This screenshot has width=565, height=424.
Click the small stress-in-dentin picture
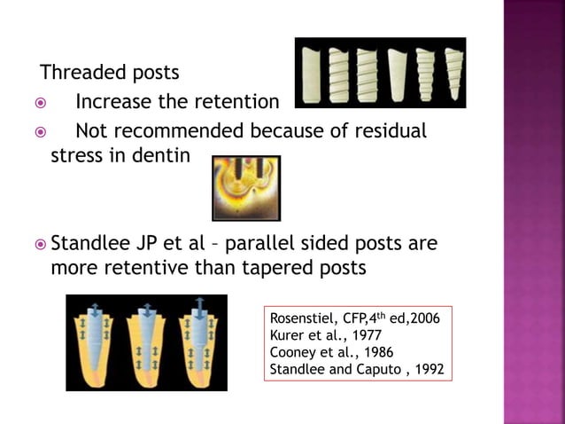[x=245, y=187]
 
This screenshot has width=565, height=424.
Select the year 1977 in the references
[x=354, y=335]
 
